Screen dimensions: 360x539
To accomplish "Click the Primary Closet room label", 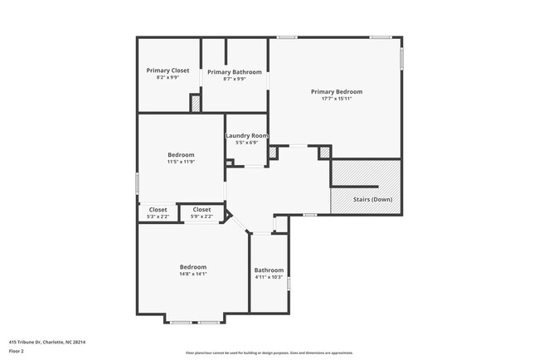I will point(168,71).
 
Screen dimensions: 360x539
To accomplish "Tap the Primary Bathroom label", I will point(235,72).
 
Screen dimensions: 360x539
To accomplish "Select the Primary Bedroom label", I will point(337,91).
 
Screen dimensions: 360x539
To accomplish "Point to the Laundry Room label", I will point(247,135).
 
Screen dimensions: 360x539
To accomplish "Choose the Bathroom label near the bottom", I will point(269,270).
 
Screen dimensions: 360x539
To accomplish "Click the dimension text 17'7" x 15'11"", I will point(337,99).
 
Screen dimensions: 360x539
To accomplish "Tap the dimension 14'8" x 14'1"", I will point(193,274).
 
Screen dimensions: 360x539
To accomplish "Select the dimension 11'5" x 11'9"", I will point(181,162).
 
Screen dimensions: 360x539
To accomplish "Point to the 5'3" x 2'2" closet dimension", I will point(158,216).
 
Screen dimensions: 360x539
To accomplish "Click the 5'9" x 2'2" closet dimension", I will point(202,216).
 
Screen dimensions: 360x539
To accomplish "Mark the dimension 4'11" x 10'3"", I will point(269,277).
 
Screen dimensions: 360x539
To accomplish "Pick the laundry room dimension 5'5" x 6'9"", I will point(247,143).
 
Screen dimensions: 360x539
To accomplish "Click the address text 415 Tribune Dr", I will point(47,341).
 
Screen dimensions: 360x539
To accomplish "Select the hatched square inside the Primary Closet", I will point(196,104).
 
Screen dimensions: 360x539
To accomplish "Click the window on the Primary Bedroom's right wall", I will point(401,59).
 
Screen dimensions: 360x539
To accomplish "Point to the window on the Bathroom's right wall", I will point(289,284).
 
